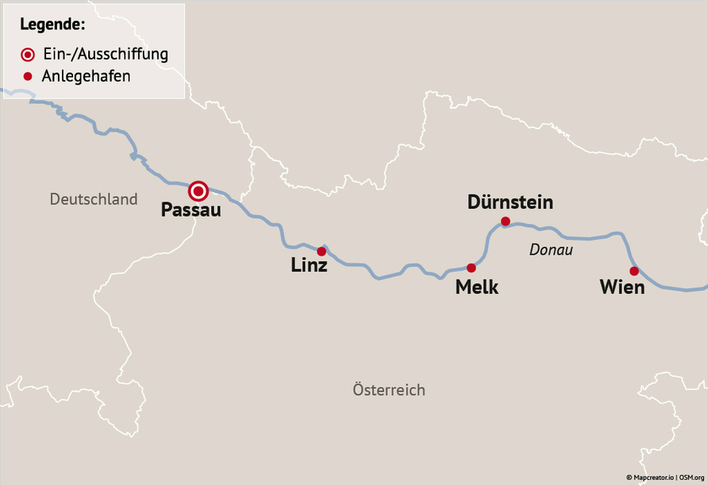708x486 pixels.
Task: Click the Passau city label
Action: coord(190,210)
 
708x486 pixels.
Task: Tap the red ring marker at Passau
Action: coord(198,191)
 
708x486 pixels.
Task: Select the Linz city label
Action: coord(309,266)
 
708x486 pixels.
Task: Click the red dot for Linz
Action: coord(321,251)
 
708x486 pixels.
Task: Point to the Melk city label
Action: coord(476,287)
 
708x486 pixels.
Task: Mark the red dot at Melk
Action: coord(471,268)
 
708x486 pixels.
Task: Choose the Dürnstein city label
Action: coord(510,202)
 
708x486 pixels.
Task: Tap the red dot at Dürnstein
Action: coord(505,221)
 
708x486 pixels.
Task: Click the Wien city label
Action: coord(621,287)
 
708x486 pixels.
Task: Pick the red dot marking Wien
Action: coord(633,271)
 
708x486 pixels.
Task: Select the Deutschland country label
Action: coord(94,199)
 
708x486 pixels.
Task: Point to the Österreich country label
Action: coord(389,390)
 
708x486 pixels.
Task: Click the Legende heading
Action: coord(53,25)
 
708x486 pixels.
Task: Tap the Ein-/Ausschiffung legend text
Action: coord(105,54)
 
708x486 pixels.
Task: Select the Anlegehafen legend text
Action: coord(86,76)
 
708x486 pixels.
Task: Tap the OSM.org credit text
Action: coord(691,477)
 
